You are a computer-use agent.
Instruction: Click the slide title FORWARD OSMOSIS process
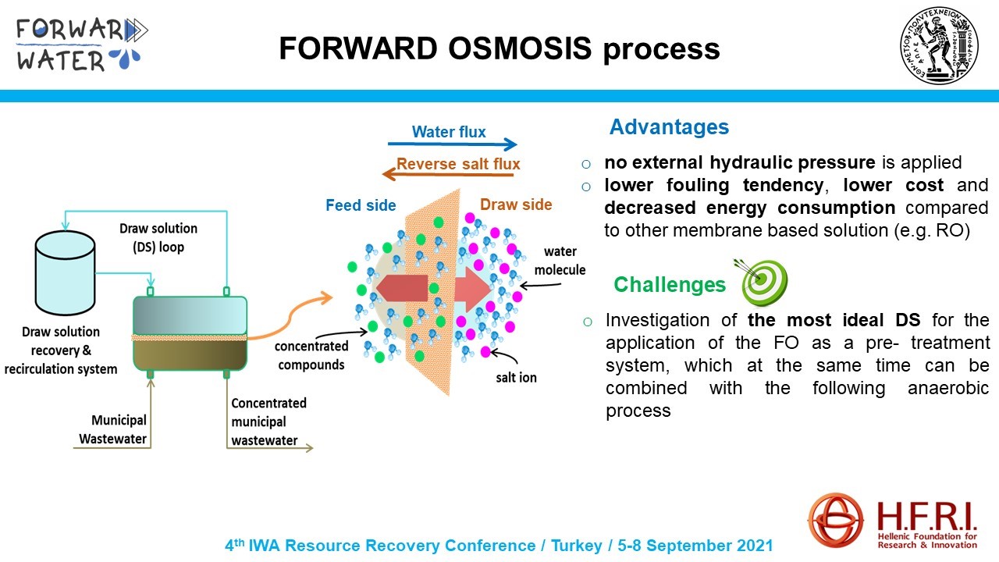pos(499,48)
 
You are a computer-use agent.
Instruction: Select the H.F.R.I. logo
pos(894,521)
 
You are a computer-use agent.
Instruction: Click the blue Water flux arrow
pos(453,144)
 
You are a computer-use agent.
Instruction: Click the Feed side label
pos(361,205)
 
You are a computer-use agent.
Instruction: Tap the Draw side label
pos(516,205)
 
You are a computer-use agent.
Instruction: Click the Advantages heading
pos(669,127)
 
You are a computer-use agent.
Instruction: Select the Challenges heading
pos(670,285)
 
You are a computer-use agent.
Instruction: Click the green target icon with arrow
pos(763,282)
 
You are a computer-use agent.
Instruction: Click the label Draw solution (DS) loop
pos(158,237)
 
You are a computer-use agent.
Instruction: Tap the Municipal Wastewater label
pos(112,429)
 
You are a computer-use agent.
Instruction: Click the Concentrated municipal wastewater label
pos(268,421)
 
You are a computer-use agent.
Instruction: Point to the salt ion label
pos(516,378)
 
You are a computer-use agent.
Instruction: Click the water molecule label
pos(560,261)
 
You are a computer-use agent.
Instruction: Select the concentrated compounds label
pos(311,355)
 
